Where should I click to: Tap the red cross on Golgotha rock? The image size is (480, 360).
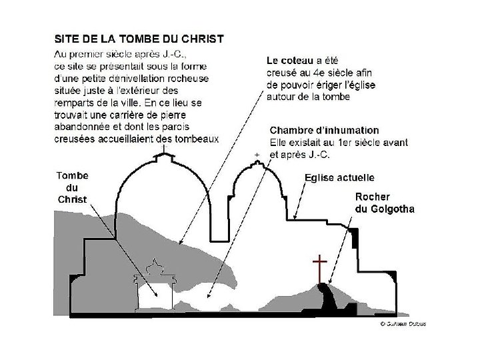[x=320, y=267]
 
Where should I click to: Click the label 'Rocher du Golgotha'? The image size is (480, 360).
[x=385, y=203]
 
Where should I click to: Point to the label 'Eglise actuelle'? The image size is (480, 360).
[x=339, y=177]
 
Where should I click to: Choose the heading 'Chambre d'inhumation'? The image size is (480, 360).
[x=324, y=130]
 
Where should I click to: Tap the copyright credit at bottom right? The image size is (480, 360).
[x=403, y=324]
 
